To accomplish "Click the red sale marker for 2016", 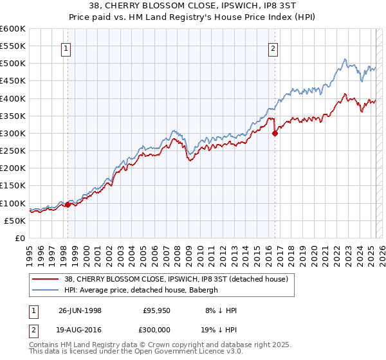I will pos(275,134).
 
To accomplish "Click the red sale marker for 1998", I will pos(68,205).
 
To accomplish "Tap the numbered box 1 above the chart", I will pos(67,49).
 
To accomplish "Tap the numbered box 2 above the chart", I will pos(274,49).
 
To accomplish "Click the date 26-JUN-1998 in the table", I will pos(80,310).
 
